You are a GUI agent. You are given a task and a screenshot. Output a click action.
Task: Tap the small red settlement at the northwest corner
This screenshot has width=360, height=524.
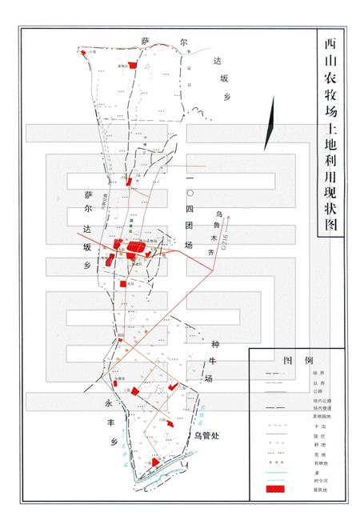coord(83,52)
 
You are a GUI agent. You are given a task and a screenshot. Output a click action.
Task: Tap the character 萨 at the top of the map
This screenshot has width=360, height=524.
coord(146,40)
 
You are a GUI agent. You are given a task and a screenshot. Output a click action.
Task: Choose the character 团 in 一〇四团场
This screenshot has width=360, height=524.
coord(189,228)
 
